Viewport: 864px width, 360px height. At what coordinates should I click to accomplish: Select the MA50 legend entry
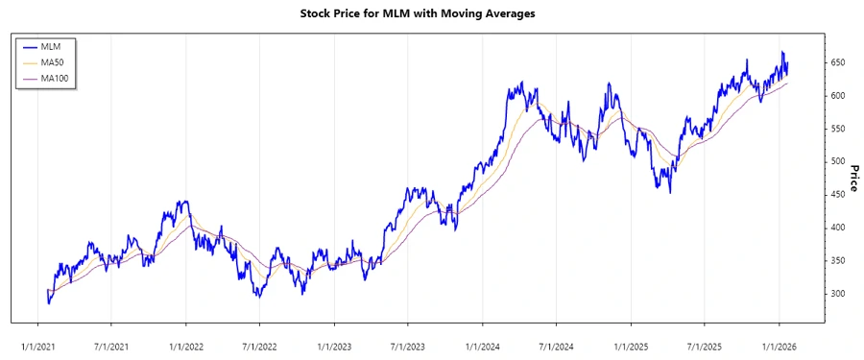(x=53, y=61)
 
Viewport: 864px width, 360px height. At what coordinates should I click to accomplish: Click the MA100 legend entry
(x=56, y=78)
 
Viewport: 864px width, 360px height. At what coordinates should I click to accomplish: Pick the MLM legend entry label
(x=51, y=45)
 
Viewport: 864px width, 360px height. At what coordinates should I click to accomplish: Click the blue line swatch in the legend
(x=29, y=45)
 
